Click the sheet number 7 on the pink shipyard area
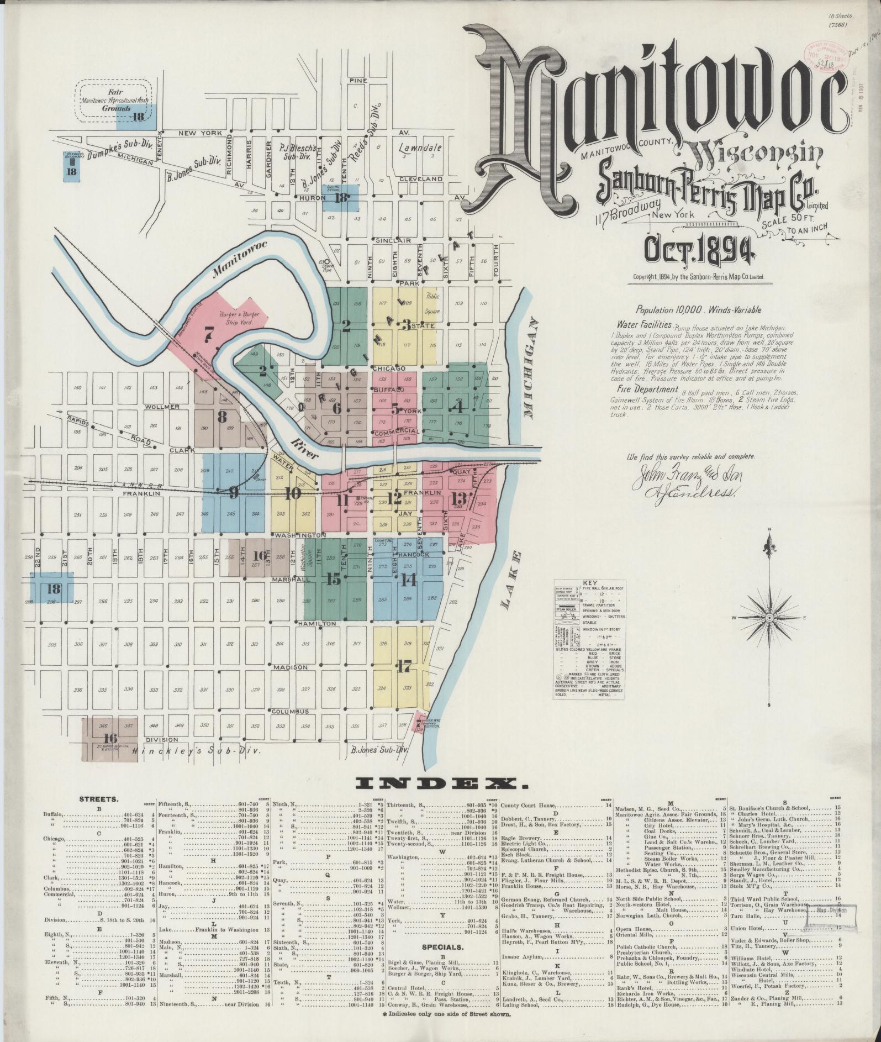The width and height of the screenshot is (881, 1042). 208,333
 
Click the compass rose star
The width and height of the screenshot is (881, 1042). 769,617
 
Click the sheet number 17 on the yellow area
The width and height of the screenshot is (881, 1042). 404,667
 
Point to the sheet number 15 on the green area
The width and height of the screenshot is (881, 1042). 334,580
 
